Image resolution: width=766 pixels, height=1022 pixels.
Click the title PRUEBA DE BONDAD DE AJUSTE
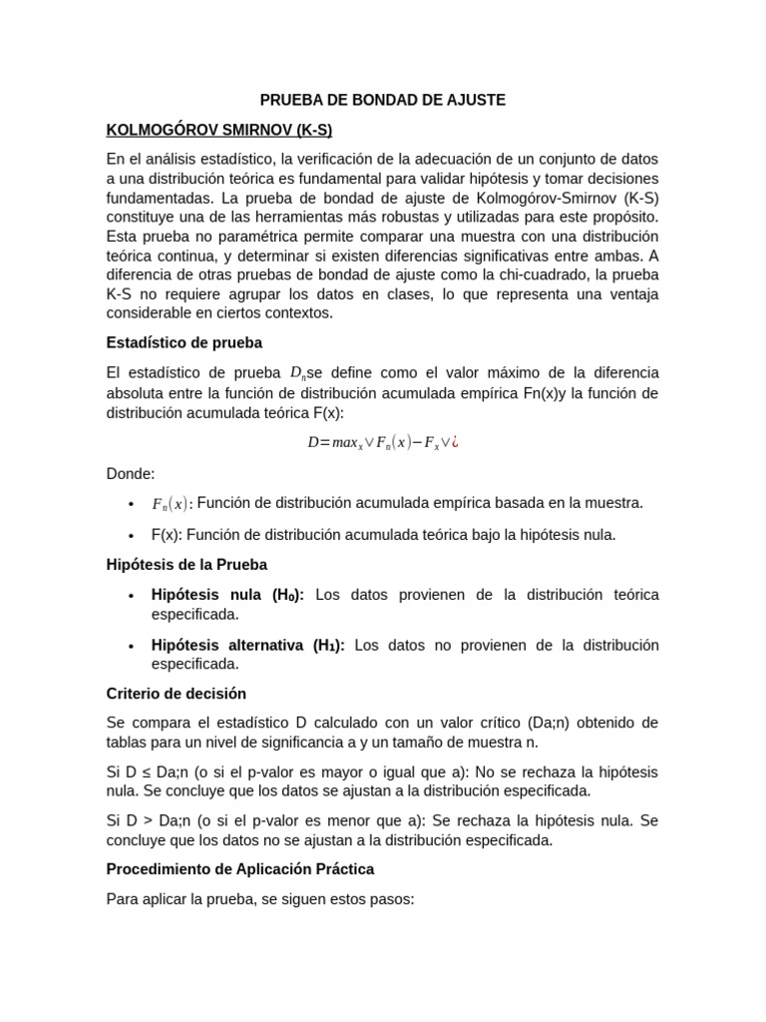pyautogui.click(x=383, y=100)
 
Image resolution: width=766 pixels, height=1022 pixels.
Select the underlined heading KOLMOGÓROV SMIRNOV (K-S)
pyautogui.click(x=219, y=130)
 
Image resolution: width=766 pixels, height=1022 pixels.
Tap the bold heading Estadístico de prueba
pyautogui.click(x=185, y=342)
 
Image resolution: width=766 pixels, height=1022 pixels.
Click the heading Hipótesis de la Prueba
pyautogui.click(x=187, y=564)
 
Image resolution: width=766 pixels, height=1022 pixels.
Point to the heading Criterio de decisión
pyautogui.click(x=177, y=693)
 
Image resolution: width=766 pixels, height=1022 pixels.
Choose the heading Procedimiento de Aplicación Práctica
pyautogui.click(x=240, y=869)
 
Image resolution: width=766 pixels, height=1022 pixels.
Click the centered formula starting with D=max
pyautogui.click(x=382, y=442)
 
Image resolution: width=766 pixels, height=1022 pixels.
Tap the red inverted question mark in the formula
pyautogui.click(x=455, y=442)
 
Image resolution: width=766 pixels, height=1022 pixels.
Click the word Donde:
pyautogui.click(x=131, y=473)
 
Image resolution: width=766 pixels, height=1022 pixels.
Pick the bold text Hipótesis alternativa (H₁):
pyautogui.click(x=248, y=645)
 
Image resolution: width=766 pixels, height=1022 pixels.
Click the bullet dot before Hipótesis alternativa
pyautogui.click(x=131, y=646)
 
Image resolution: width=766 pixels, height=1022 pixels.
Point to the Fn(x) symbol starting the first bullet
pyautogui.click(x=170, y=504)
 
